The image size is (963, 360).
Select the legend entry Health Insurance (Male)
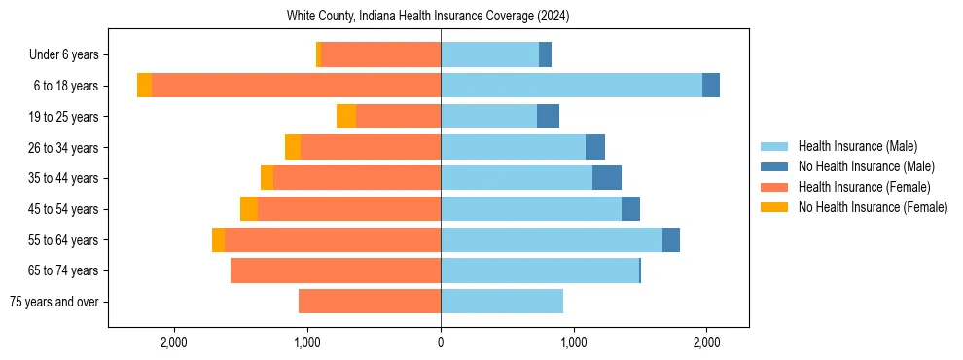857,146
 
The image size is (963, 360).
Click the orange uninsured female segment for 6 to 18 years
144,86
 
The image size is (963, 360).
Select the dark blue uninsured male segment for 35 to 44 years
607,178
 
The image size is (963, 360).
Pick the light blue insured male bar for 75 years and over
502,302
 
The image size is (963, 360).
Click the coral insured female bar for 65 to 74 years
336,270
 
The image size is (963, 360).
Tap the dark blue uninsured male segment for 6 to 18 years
711,86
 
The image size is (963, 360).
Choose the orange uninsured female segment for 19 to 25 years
346,117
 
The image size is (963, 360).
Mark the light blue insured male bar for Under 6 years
489,55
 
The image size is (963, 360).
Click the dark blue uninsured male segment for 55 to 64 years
671,239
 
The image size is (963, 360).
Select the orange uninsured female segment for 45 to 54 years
249,209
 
